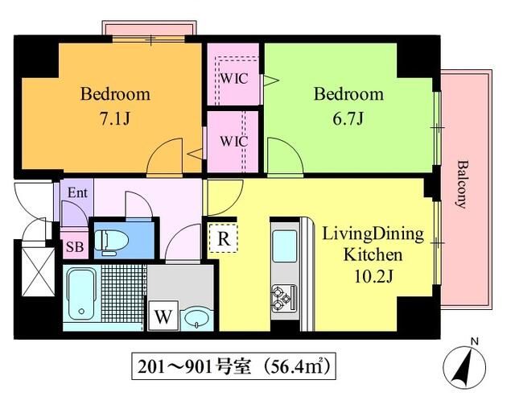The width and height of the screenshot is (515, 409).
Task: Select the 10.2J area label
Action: pyautogui.click(x=373, y=276)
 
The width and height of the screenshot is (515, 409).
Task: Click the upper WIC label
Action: pyautogui.click(x=234, y=79)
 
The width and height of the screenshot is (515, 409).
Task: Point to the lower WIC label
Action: pyautogui.click(x=234, y=141)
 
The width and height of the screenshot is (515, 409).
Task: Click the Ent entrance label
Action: pyautogui.click(x=77, y=192)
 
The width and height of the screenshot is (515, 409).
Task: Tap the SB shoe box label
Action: pyautogui.click(x=75, y=246)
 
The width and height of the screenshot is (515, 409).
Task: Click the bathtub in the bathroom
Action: pyautogui.click(x=81, y=294)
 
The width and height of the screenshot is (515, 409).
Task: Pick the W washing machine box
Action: pyautogui.click(x=163, y=316)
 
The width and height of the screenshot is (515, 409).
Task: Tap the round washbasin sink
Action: pyautogui.click(x=196, y=318)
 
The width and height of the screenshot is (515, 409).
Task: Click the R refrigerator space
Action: pyautogui.click(x=224, y=238)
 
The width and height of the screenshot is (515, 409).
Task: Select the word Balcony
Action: pyautogui.click(x=463, y=184)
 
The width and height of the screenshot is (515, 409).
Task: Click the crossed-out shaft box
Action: pyautogui.click(x=38, y=272)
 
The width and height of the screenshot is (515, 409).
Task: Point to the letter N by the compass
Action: pyautogui.click(x=474, y=341)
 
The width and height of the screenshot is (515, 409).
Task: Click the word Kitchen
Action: pyautogui.click(x=373, y=254)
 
